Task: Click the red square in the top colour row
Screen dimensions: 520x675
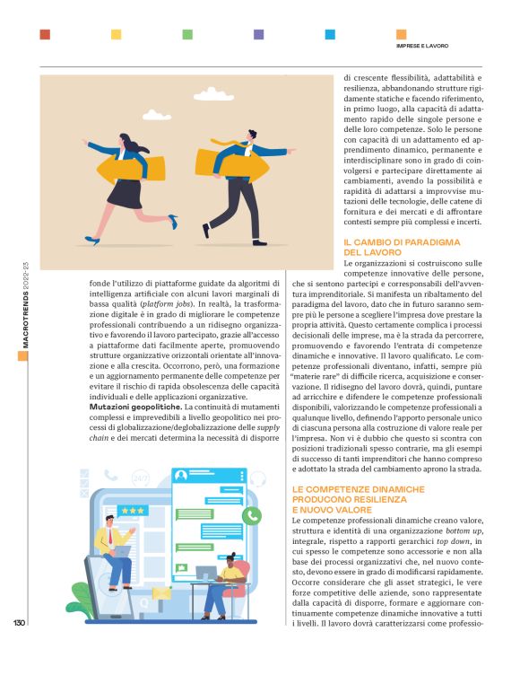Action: pos(45,34)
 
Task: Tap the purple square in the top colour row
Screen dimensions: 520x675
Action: pos(259,34)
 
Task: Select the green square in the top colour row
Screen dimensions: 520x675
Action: pos(187,34)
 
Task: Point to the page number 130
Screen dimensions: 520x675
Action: pos(18,622)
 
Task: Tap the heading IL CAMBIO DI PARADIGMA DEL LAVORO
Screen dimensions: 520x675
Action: pos(402,248)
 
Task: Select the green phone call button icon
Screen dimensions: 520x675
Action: pos(253,515)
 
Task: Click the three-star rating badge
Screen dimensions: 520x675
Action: pos(134,510)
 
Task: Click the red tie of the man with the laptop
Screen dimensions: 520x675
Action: pos(109,536)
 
